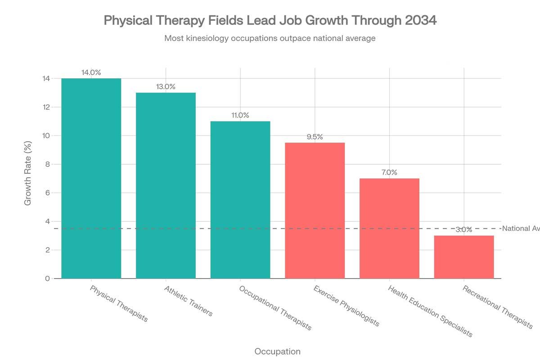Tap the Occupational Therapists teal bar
click(x=240, y=200)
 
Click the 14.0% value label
click(x=91, y=72)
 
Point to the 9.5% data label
click(x=315, y=137)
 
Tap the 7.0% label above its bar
click(x=389, y=172)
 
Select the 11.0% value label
click(x=240, y=115)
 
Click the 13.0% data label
click(x=166, y=87)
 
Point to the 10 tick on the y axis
click(x=46, y=136)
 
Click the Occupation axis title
click(x=277, y=351)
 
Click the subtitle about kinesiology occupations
click(x=270, y=38)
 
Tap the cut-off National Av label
click(x=521, y=229)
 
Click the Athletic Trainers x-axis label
click(x=188, y=301)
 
